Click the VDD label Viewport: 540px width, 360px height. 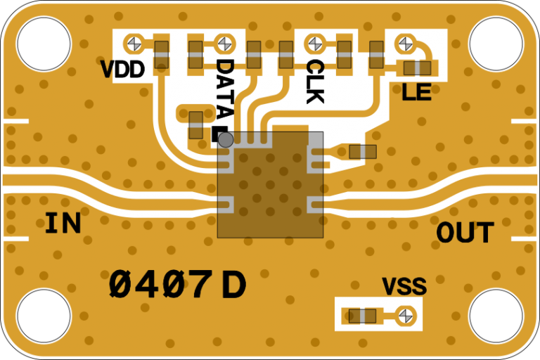point(123,70)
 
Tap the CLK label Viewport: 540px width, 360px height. point(314,82)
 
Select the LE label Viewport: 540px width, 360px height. point(416,91)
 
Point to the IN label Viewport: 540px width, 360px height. point(63,224)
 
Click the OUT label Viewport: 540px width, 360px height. point(465,233)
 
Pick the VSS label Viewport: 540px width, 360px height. point(404,287)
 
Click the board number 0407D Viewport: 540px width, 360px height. point(178,285)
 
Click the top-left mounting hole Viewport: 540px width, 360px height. point(44,44)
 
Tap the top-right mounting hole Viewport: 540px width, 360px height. point(496,44)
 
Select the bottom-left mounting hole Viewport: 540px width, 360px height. point(44,316)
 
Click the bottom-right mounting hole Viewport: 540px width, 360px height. point(496,316)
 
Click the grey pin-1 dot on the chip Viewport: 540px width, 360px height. point(226,140)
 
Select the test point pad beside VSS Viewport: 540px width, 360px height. point(404,316)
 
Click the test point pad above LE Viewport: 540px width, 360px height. point(404,44)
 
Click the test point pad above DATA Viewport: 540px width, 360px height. point(224,44)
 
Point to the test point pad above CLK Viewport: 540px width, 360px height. point(314,44)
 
